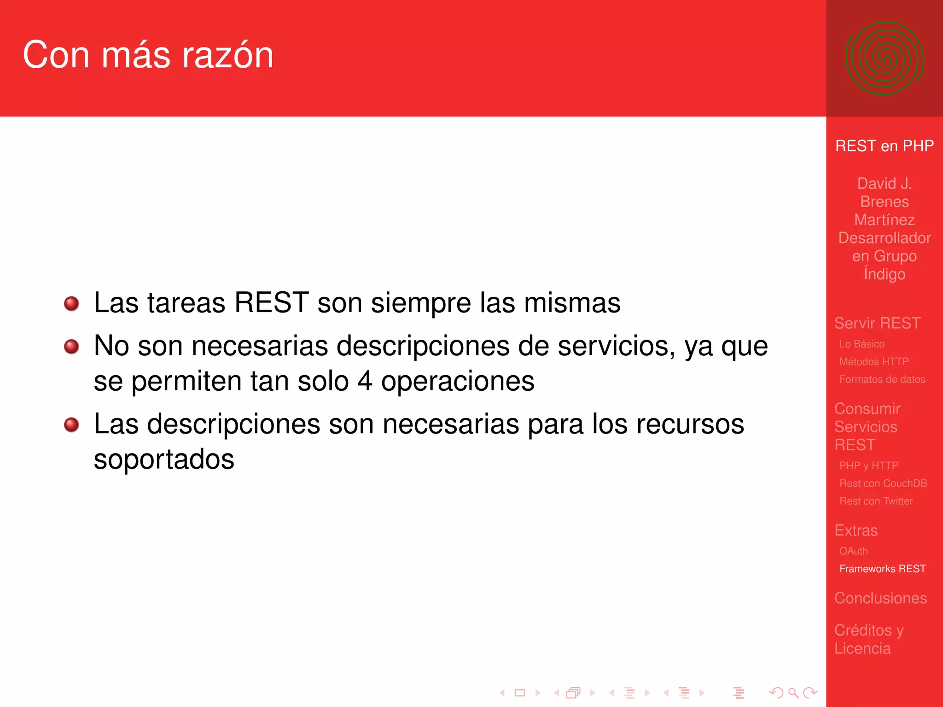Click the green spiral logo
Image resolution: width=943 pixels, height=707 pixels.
tap(884, 58)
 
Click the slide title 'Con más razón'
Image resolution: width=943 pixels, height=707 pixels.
tap(148, 55)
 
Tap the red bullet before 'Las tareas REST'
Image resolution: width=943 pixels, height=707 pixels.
tap(71, 303)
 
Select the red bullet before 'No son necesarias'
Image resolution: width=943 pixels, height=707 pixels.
tap(71, 346)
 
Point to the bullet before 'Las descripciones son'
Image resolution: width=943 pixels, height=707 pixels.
tap(71, 424)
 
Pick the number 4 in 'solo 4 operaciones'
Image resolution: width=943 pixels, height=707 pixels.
tap(365, 382)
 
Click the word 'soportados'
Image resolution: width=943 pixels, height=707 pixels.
tap(164, 459)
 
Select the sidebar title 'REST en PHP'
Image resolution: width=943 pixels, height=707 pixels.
tap(884, 146)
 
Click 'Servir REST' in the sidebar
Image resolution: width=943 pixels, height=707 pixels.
tap(877, 323)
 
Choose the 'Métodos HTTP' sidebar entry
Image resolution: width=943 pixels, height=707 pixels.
tap(873, 362)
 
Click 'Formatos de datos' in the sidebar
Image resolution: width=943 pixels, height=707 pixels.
tap(882, 380)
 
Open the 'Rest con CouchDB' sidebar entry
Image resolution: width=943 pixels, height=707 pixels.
tap(883, 483)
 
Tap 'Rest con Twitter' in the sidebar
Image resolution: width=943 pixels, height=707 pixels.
tap(876, 501)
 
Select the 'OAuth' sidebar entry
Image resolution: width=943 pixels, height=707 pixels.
tap(853, 551)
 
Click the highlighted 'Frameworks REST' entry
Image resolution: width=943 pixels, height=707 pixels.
tap(882, 569)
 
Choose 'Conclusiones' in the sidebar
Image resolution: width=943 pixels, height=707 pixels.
tap(880, 598)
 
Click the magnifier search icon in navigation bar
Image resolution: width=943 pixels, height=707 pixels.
tap(793, 693)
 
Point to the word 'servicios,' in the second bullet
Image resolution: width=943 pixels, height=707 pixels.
tap(617, 346)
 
